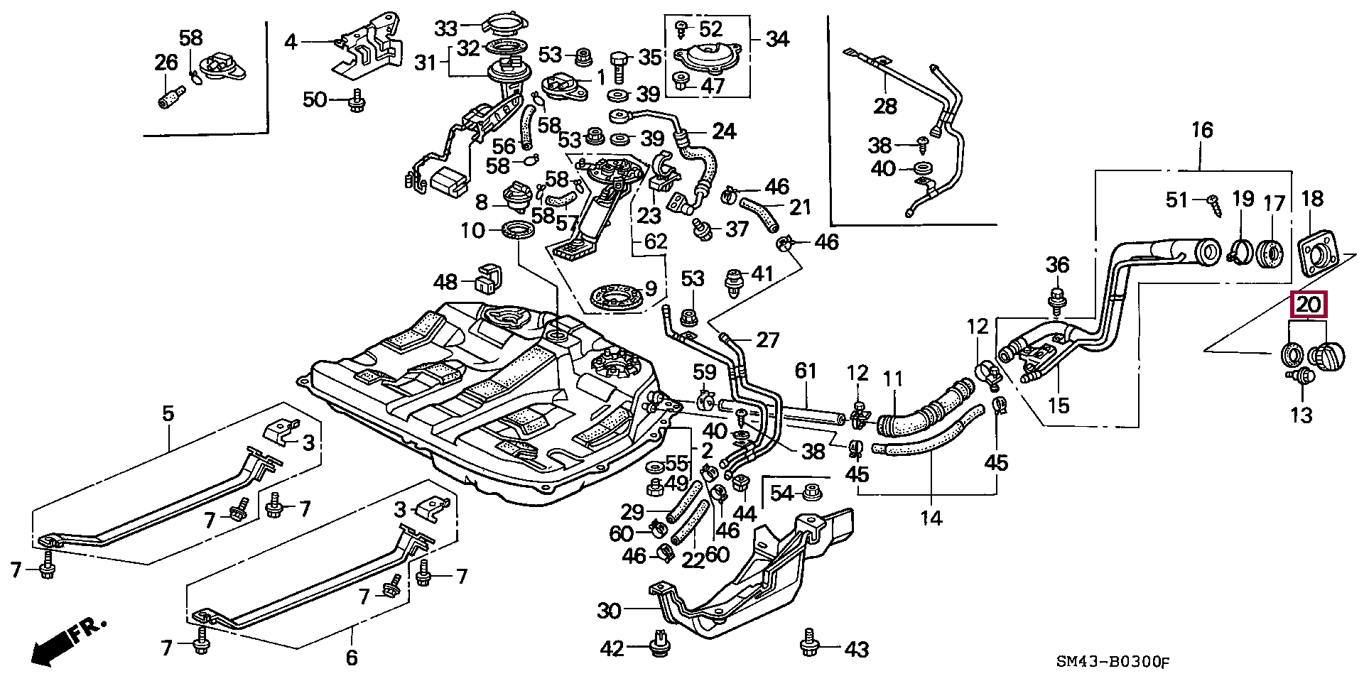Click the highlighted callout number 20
[1309, 305]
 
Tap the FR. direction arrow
[68, 643]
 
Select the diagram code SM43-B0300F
[1112, 663]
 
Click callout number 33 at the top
[446, 28]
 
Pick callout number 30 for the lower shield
[609, 611]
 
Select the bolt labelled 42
[660, 643]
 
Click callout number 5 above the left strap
[168, 413]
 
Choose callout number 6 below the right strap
[352, 658]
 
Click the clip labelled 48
[487, 278]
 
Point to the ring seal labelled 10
[518, 230]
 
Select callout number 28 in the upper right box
[885, 107]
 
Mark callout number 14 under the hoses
[931, 518]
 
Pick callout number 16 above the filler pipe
[1202, 131]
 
